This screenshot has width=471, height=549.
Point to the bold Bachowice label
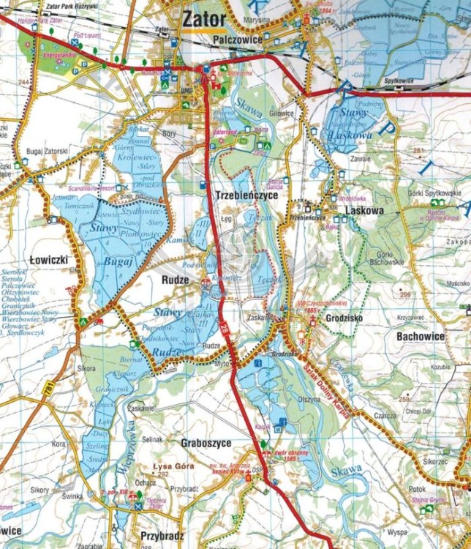point(421,335)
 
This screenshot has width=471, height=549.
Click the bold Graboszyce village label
point(206,443)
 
